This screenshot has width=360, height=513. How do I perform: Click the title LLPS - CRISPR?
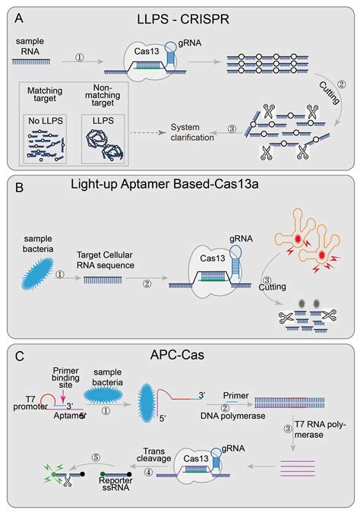point(183,19)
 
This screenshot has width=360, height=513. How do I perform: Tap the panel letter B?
point(20,188)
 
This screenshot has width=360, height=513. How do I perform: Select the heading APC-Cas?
point(177,355)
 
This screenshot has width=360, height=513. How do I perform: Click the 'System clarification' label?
point(192,132)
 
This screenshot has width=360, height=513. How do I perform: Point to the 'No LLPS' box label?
point(46,121)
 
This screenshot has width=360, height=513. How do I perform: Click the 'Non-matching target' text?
point(103,95)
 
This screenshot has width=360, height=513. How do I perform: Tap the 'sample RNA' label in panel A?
point(30,46)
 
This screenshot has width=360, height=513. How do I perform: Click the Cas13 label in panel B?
point(213,258)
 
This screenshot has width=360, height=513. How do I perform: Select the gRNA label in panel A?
point(190,43)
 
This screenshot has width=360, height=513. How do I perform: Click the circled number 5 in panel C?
point(96,457)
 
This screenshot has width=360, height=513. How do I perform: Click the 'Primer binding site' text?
point(66,378)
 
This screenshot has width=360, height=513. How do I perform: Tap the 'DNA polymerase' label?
point(233,416)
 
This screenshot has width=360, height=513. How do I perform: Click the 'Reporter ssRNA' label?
point(115,484)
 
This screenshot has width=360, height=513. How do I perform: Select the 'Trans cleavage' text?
point(153,454)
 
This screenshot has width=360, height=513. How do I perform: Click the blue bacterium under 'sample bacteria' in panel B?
point(37,275)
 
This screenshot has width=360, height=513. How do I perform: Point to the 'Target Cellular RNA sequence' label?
point(105,260)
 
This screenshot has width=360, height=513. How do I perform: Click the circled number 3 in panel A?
point(232,128)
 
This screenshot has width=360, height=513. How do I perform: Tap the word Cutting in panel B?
point(272,287)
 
